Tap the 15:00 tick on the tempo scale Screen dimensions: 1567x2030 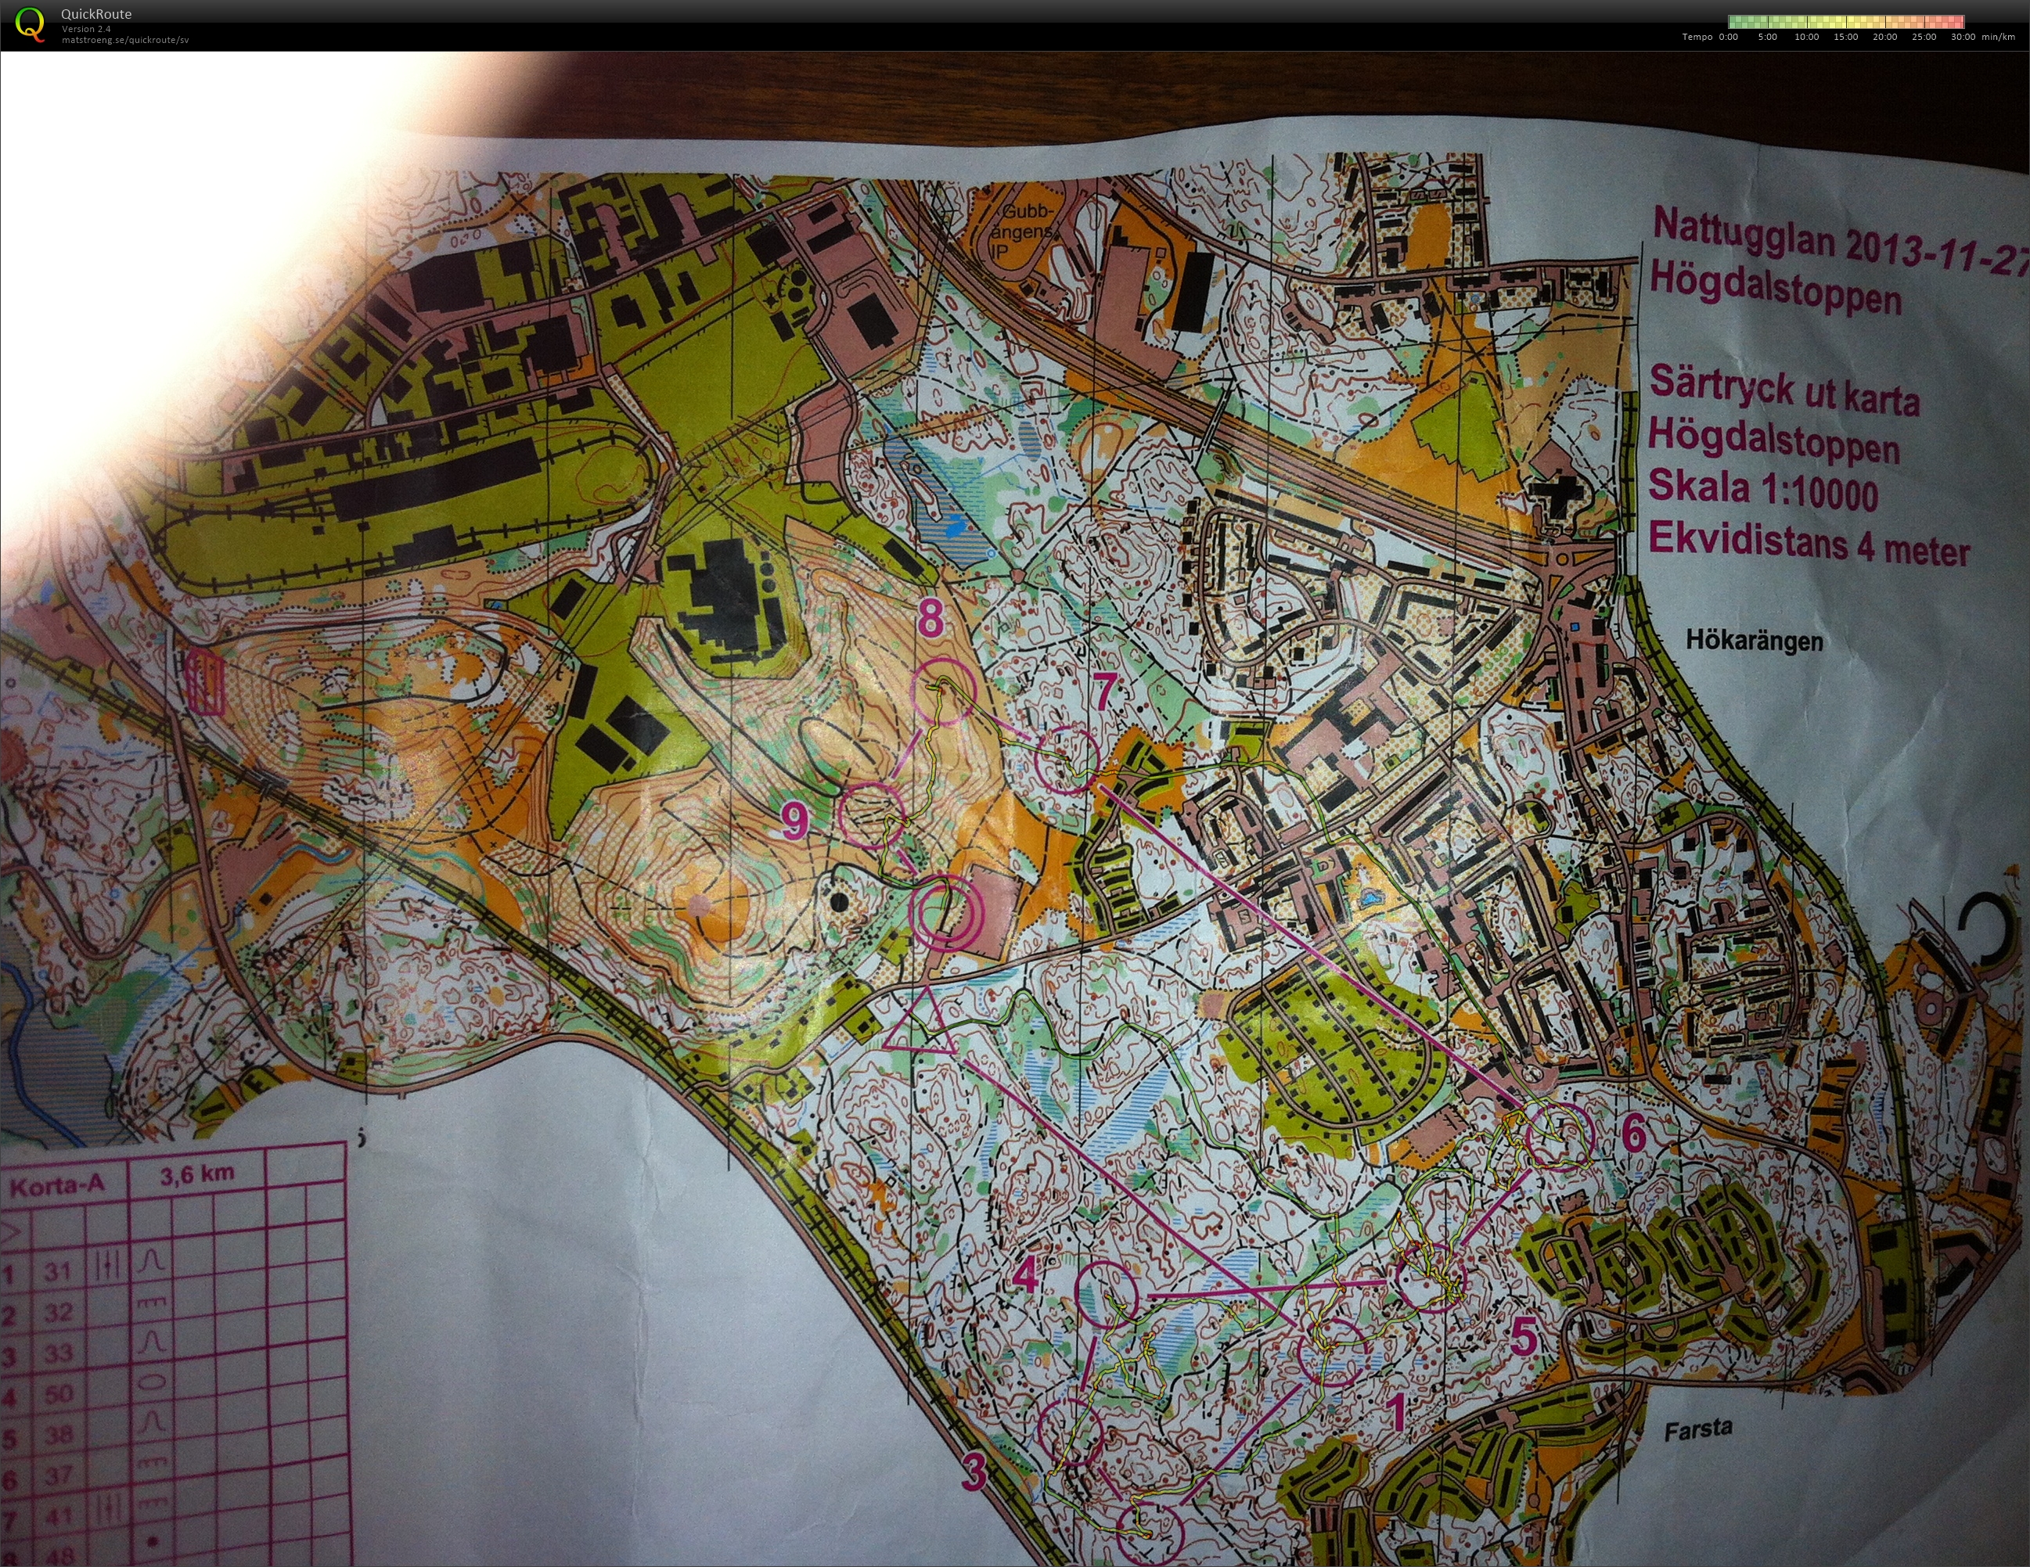(x=1845, y=38)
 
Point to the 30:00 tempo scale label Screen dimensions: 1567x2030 (x=1962, y=38)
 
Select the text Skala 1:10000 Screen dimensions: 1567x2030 (x=1763, y=490)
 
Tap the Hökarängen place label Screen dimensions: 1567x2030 (x=1754, y=641)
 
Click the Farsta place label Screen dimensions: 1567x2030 (x=1698, y=1429)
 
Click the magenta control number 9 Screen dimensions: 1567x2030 (x=795, y=821)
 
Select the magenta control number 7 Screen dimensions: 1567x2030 (x=1103, y=692)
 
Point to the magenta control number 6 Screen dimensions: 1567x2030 (x=1633, y=1133)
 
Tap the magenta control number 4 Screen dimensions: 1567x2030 (x=1025, y=1276)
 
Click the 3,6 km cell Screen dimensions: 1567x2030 (x=197, y=1176)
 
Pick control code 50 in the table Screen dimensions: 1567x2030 (x=59, y=1394)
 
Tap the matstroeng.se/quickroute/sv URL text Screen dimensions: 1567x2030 (x=125, y=41)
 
